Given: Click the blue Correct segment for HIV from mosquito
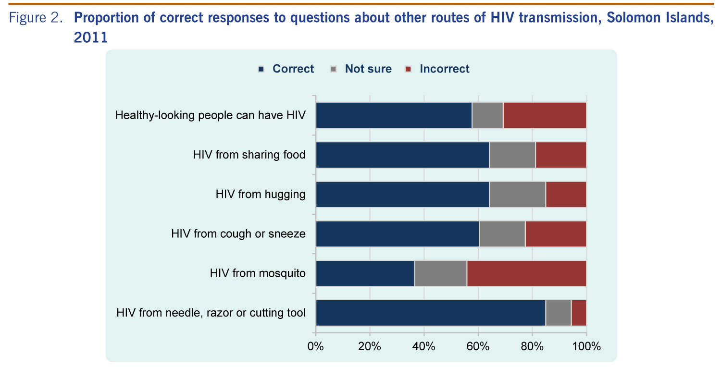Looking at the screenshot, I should pyautogui.click(x=365, y=273).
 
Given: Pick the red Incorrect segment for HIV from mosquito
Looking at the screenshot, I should pyautogui.click(x=526, y=273).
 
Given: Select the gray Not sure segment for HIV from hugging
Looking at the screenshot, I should pyautogui.click(x=517, y=195).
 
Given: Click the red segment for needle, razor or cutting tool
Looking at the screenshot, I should pyautogui.click(x=579, y=313).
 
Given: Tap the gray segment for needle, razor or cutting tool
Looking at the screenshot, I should pyautogui.click(x=558, y=313).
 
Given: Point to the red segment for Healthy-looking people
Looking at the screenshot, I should pyautogui.click(x=545, y=115).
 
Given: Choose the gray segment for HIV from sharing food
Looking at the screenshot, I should pyautogui.click(x=512, y=155).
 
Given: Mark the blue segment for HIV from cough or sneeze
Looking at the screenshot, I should pyautogui.click(x=398, y=234).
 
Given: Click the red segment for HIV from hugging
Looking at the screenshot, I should pyautogui.click(x=566, y=195).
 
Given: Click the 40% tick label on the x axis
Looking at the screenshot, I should pyautogui.click(x=424, y=346).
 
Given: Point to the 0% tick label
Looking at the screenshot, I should pyautogui.click(x=316, y=346).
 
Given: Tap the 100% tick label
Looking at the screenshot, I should pyautogui.click(x=586, y=346).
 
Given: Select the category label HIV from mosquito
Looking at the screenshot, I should pyautogui.click(x=258, y=273).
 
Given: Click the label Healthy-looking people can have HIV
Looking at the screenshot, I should pyautogui.click(x=211, y=115).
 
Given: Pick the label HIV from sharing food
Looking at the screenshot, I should pyautogui.click(x=249, y=155).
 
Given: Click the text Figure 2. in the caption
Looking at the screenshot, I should pyautogui.click(x=37, y=19).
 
